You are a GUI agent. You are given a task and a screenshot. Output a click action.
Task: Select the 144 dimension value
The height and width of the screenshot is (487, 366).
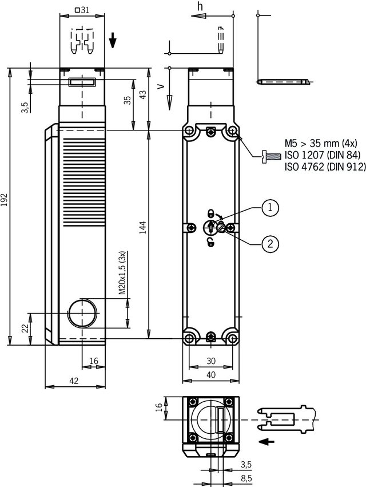click(x=142, y=232)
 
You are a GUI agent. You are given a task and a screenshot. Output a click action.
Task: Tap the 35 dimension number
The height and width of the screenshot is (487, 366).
click(x=128, y=100)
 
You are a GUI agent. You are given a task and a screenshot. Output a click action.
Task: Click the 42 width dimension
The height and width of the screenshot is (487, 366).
click(x=74, y=381)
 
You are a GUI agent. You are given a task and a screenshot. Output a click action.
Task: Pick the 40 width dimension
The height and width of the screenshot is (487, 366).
click(x=212, y=375)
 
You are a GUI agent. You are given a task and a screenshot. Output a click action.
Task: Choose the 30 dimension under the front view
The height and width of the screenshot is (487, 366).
click(x=212, y=361)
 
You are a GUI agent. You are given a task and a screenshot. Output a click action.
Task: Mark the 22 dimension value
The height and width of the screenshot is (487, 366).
click(x=24, y=328)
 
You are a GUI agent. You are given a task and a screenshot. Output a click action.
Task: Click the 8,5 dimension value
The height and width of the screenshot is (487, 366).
click(x=247, y=477)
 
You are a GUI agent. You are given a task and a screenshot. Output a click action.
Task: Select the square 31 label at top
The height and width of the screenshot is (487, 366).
click(x=82, y=10)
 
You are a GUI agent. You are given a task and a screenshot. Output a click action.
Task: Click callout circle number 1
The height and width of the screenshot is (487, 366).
click(x=270, y=208)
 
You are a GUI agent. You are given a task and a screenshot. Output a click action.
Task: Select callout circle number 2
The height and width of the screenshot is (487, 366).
click(x=270, y=244)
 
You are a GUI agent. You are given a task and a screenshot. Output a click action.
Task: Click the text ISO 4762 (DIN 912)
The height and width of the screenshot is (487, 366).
click(x=324, y=167)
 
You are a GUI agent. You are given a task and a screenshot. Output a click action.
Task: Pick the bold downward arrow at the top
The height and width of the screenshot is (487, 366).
click(x=113, y=40)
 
